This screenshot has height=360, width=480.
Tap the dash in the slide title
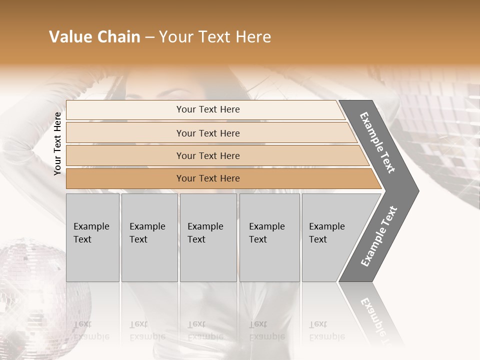click(149, 37)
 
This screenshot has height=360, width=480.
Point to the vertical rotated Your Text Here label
click(57, 143)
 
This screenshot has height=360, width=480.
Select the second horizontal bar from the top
click(207, 133)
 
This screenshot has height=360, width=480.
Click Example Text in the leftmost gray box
click(91, 233)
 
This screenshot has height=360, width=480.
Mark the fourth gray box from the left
click(269, 237)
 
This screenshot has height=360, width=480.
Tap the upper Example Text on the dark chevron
click(377, 142)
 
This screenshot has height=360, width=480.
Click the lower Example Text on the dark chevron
click(379, 236)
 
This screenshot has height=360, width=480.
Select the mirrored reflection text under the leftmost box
click(91, 330)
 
